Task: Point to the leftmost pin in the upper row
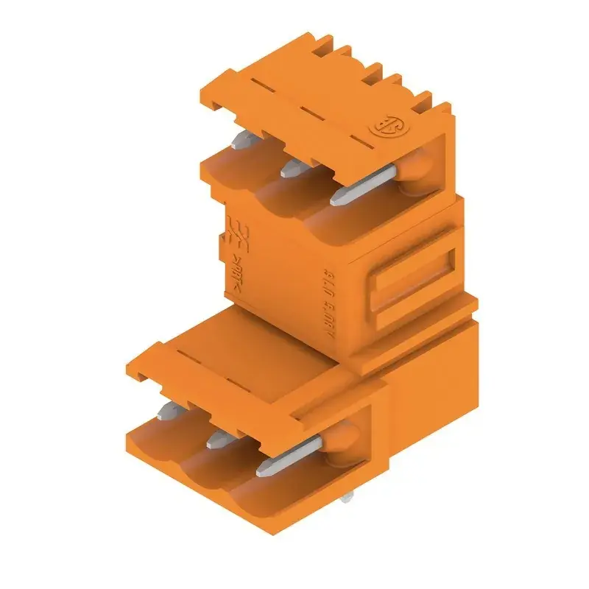241,142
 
